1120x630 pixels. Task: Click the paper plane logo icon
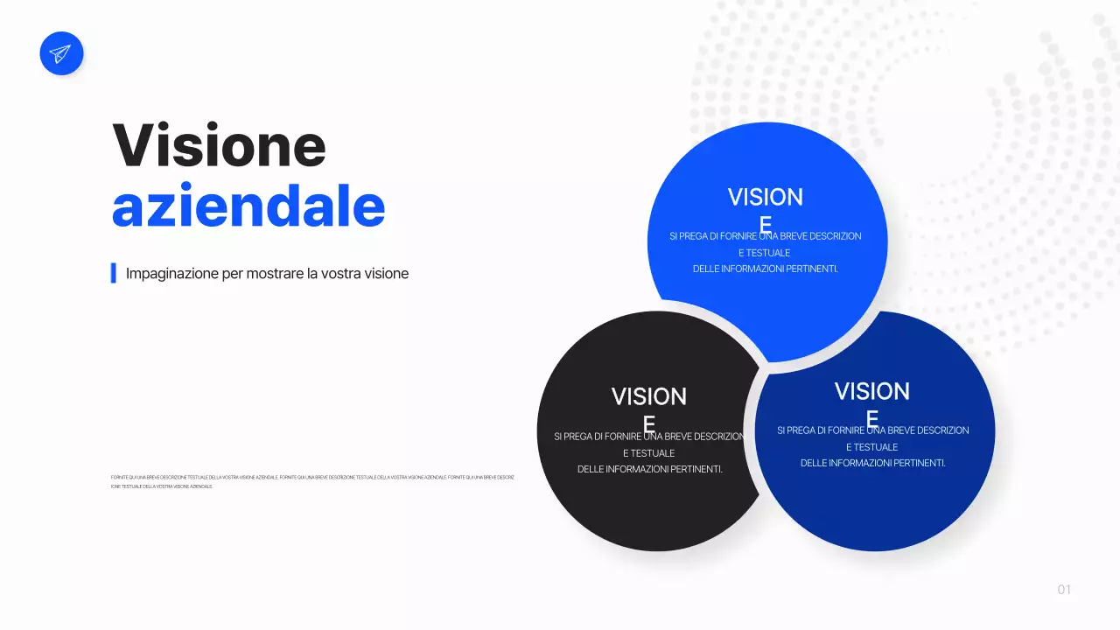pos(61,53)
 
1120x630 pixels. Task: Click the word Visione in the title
pos(219,145)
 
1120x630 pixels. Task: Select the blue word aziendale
pos(248,206)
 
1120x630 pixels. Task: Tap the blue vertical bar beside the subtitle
pos(114,273)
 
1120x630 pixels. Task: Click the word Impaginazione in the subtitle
pos(171,273)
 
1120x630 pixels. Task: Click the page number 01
pos(1064,590)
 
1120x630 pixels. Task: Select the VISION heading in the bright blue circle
pos(765,198)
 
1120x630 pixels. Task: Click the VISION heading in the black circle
pos(648,397)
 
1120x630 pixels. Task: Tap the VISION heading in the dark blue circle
pos(871,391)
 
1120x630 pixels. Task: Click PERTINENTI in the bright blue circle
pos(810,269)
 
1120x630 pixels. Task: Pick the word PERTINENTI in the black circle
pos(695,469)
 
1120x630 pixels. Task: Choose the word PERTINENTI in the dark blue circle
pos(918,463)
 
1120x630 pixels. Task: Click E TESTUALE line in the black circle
pos(648,453)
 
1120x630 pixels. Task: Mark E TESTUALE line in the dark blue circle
pos(871,447)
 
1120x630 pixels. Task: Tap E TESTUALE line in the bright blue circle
pos(765,253)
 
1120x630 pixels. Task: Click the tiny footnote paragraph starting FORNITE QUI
pos(312,481)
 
